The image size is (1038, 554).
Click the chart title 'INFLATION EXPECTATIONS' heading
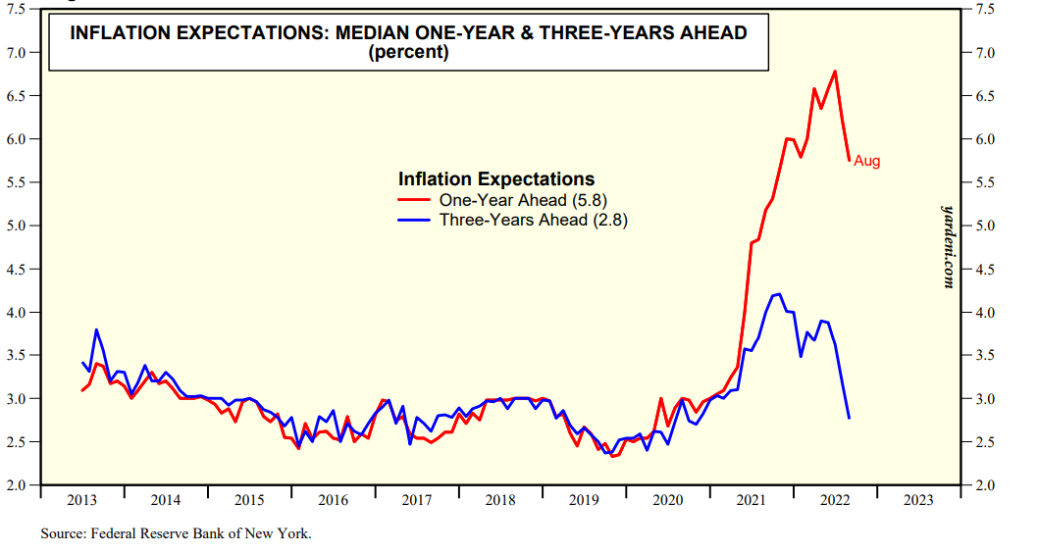(x=408, y=32)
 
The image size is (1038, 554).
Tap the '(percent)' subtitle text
(x=408, y=52)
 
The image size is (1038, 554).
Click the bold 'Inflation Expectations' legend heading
(x=496, y=179)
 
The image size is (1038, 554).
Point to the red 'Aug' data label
(x=867, y=161)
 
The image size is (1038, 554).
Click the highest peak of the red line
(x=834, y=72)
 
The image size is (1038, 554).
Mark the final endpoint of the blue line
(x=849, y=419)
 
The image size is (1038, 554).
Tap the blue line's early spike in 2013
(x=96, y=329)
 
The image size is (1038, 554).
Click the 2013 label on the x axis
(x=81, y=500)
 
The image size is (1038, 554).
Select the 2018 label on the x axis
(x=500, y=500)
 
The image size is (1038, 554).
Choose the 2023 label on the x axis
(x=918, y=500)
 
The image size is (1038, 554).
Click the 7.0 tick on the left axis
(x=18, y=52)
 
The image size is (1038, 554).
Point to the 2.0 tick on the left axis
(x=18, y=485)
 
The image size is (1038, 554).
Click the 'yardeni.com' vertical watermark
(x=948, y=246)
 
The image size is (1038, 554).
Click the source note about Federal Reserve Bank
(x=176, y=534)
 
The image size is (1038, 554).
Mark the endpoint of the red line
(x=849, y=160)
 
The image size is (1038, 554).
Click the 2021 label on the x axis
(x=752, y=500)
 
